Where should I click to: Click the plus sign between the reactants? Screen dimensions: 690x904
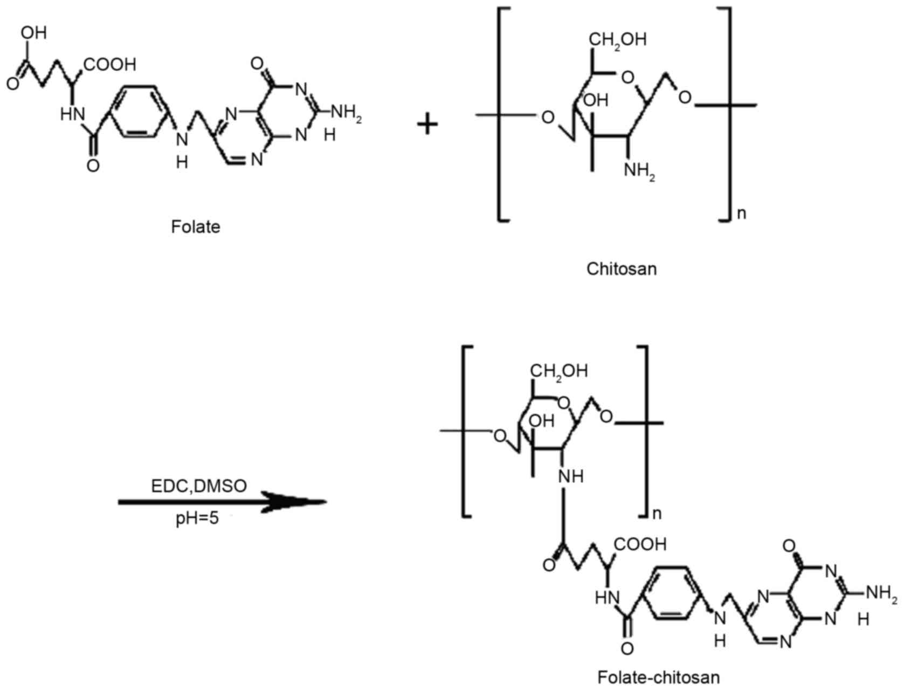tap(427, 125)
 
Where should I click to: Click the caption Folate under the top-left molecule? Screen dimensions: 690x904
tap(196, 226)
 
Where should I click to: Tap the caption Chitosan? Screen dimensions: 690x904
tap(622, 268)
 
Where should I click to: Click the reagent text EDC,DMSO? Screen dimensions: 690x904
tap(198, 486)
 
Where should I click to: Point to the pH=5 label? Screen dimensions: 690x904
tap(197, 520)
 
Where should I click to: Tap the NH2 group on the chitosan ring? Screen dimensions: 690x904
tap(639, 171)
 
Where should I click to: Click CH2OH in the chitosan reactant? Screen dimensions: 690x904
tap(618, 39)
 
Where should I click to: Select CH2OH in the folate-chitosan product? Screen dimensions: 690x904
tap(559, 371)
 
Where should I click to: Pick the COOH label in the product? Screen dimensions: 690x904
tap(640, 544)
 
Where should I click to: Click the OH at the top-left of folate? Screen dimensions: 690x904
tap(33, 33)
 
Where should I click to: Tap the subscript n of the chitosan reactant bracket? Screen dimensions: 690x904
tap(742, 213)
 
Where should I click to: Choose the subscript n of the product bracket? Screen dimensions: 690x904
tap(657, 513)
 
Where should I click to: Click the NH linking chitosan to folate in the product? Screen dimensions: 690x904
tap(571, 477)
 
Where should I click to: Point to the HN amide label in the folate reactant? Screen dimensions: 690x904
tap(73, 114)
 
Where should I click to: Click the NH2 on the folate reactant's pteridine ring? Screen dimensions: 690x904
tap(346, 112)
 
